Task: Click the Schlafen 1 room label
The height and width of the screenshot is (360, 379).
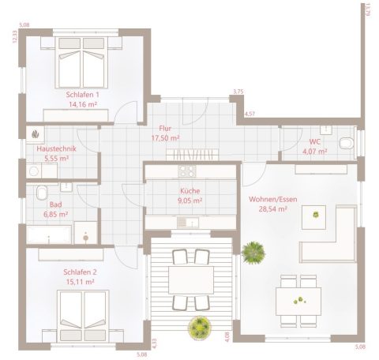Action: pos(82,95)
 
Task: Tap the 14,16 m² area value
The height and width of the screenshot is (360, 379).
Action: pos(82,103)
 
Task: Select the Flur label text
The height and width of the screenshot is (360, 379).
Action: pos(165,127)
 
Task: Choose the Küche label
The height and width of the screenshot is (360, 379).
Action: pos(190,191)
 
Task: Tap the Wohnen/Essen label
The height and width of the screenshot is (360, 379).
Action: pos(272,201)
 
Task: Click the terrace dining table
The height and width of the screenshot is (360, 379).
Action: pos(189,279)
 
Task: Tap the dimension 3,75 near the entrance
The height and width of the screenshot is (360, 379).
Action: pos(238,92)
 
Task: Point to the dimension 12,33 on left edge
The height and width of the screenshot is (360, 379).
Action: pos(14,37)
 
